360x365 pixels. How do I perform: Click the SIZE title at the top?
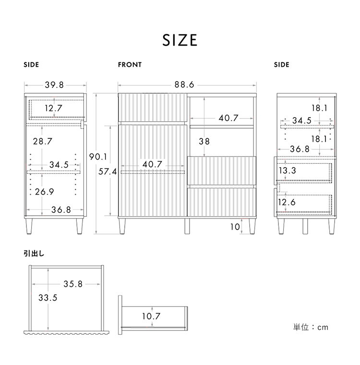pos(180,40)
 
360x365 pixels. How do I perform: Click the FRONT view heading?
pos(130,65)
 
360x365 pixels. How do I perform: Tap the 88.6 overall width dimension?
pos(184,85)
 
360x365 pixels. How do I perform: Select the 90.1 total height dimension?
pos(98,157)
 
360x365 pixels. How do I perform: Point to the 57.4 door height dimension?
pos(108,171)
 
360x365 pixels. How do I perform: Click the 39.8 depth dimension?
pos(54,85)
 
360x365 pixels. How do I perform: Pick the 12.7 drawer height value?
pos(54,108)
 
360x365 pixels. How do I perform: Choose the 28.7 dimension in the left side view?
pos(43,141)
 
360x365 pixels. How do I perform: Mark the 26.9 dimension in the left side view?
pos(45,192)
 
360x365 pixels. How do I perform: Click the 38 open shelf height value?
pos(204,141)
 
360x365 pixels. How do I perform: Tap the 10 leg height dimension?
pos(235,227)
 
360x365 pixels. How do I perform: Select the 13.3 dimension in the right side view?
pos(288,170)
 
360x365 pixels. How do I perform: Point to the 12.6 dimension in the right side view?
pos(287,202)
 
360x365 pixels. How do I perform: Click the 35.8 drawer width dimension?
pos(73,284)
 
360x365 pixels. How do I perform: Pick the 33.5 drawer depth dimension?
pos(48,298)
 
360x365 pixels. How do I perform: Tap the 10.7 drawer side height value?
pos(151,316)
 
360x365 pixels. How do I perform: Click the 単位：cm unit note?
pos(311,327)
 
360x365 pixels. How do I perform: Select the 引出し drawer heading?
pos(34,254)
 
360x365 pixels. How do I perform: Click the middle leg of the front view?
pos(187,226)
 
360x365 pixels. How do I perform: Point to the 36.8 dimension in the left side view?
pos(61,210)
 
